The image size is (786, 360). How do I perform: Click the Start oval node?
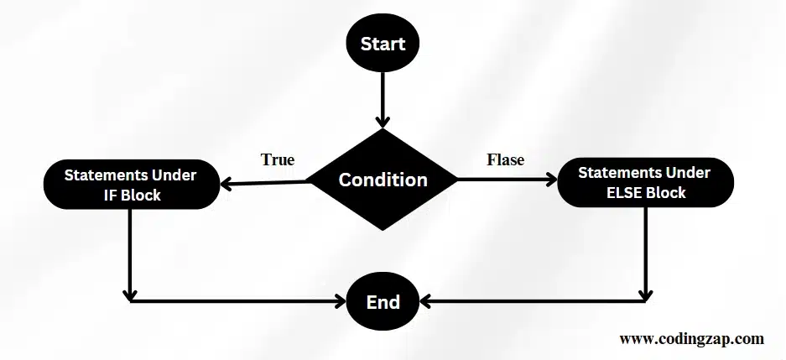383,44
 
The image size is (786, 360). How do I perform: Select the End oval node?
383,302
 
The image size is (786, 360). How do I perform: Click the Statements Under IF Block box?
130,185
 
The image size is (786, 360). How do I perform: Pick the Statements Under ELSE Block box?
645,183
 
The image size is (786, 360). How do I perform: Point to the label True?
277,159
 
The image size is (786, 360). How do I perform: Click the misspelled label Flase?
505,159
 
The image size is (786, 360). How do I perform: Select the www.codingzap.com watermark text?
691,339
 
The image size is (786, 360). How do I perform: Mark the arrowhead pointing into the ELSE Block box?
550,180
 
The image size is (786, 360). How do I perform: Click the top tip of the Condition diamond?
383,131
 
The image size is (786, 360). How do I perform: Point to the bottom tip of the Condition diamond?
383,229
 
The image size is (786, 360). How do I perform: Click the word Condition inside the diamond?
383,180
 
